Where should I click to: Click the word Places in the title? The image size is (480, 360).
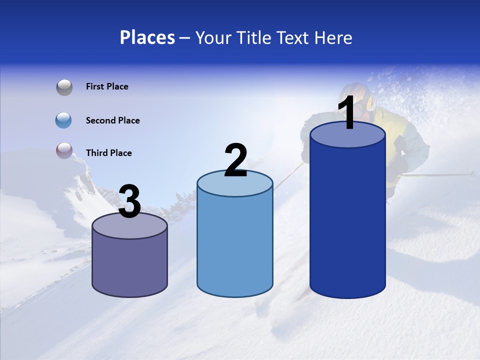147,37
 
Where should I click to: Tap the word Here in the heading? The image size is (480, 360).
332,37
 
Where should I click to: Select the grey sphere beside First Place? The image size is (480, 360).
64,87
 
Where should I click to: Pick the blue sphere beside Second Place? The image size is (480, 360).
64,120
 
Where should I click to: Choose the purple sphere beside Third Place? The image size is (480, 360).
64,150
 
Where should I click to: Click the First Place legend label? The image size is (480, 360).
107,86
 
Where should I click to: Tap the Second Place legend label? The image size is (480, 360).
112,120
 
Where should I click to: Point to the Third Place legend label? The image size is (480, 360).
108,153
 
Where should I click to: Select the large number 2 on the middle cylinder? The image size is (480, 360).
236,160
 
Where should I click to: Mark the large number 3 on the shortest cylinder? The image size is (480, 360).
129,202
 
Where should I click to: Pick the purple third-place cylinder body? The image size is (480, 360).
130,265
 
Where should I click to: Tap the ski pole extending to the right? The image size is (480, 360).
440,174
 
